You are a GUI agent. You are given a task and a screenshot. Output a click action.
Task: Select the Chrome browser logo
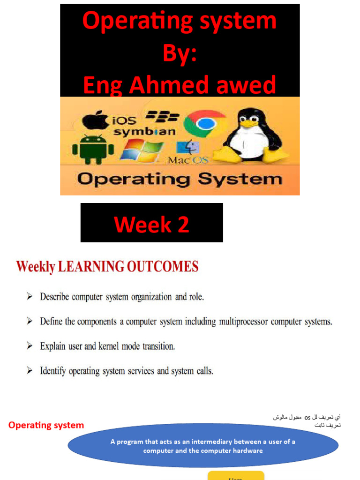tap(205, 123)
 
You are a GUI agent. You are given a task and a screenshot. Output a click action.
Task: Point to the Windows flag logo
tap(141, 150)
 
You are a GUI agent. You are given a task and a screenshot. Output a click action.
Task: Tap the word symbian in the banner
tap(144, 132)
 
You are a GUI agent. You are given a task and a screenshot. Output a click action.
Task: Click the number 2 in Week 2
tap(183, 225)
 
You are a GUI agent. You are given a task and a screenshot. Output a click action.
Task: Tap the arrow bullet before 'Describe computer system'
tap(30, 297)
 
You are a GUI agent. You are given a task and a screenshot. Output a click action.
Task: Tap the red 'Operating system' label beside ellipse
tap(46, 425)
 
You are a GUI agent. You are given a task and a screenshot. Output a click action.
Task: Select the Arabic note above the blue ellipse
tap(307, 421)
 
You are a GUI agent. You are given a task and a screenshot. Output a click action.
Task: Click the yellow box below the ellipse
tap(236, 475)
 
